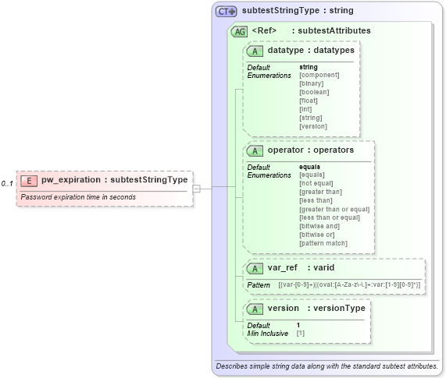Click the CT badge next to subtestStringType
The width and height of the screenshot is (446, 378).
coord(227,12)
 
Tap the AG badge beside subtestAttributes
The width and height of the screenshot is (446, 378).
coord(240,31)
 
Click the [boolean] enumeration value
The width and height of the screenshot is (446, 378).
coord(314,92)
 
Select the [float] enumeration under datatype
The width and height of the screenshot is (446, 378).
coord(309,101)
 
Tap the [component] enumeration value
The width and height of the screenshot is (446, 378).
coord(319,75)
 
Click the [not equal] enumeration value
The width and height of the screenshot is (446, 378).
coord(317,183)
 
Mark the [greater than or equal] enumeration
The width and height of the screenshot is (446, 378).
coord(334,209)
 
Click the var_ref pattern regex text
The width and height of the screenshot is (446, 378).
coord(349,285)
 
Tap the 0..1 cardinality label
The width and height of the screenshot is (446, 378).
coord(7,184)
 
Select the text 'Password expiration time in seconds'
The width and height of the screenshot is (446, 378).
coord(78,197)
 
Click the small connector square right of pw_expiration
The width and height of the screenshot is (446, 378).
coord(197,188)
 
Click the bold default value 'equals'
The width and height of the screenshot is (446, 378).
coord(310,167)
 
